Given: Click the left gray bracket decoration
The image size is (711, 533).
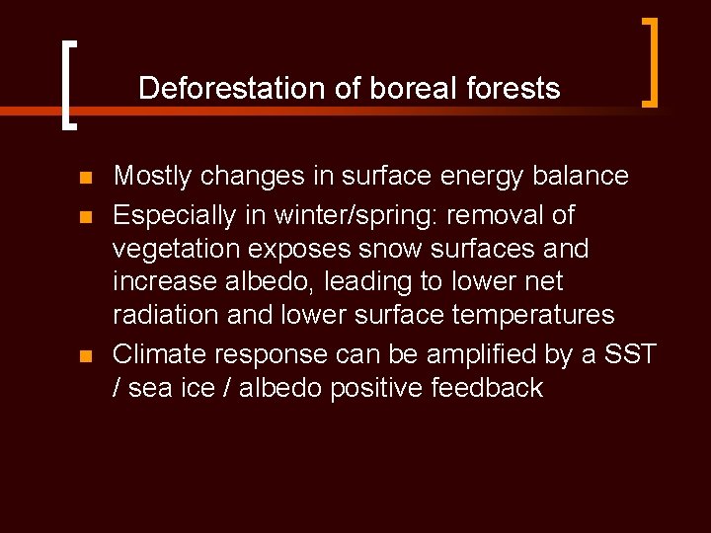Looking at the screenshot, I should click(66, 85).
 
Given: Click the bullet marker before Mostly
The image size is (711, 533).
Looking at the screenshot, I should click(85, 179).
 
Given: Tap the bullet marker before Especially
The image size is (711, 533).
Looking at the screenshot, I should click(85, 216).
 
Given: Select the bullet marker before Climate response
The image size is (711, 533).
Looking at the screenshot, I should click(85, 355).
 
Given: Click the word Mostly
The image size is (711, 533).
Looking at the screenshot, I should click(153, 177).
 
